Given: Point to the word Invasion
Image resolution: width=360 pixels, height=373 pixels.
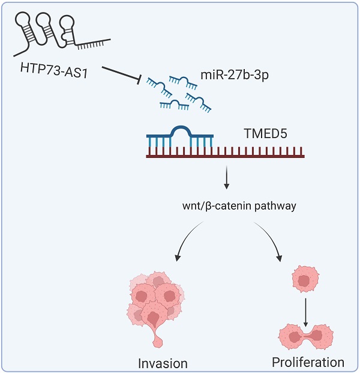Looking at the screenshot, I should (163, 363).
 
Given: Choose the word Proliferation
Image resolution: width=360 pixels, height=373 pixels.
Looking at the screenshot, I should (308, 362).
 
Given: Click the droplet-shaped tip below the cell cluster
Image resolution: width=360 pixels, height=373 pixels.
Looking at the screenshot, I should (160, 341).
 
